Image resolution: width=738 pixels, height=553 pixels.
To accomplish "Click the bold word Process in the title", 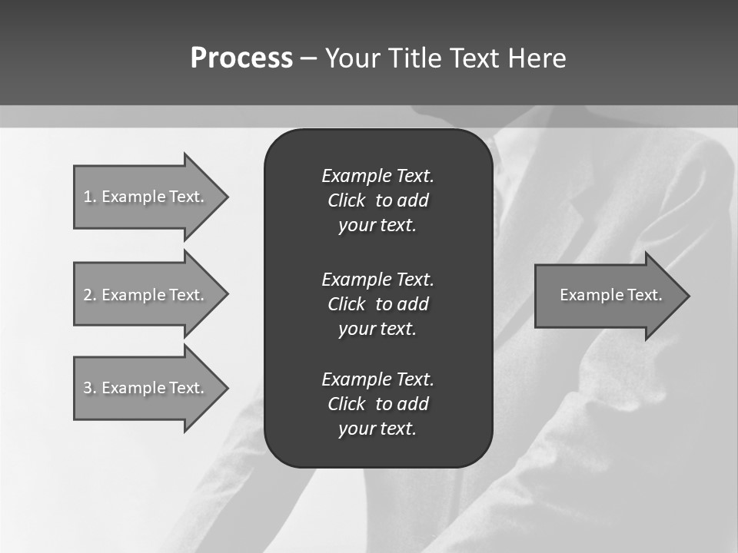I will click(x=241, y=58).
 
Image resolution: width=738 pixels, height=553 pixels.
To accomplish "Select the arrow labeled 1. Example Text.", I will click(x=146, y=197).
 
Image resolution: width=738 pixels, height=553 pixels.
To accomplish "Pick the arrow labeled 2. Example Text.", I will click(x=146, y=295).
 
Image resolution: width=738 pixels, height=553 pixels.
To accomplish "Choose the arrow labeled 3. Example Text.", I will click(x=146, y=388).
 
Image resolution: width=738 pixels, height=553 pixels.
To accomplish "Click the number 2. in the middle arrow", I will click(x=89, y=295).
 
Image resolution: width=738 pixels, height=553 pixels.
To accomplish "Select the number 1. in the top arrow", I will click(x=89, y=197).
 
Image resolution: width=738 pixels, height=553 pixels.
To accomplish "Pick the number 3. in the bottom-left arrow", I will click(x=89, y=388).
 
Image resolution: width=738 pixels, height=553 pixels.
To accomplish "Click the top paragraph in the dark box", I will click(x=377, y=200).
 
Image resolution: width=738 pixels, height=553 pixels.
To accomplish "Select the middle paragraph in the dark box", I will click(x=377, y=303).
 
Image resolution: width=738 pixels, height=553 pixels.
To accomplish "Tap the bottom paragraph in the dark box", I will click(x=377, y=404).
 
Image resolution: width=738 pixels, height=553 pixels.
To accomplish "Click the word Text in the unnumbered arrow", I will click(x=645, y=295).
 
